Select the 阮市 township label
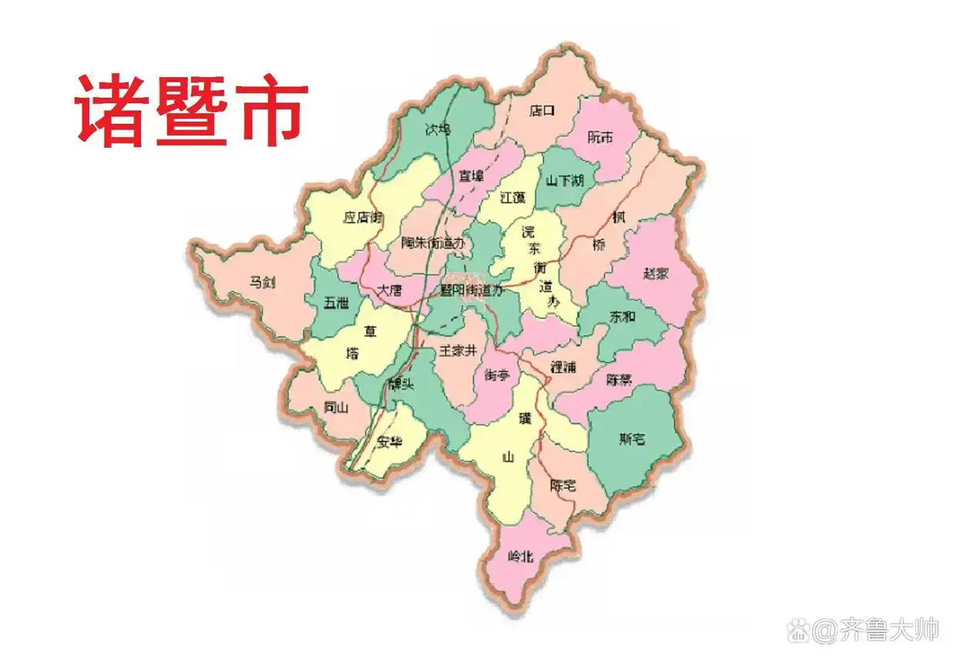click(599, 137)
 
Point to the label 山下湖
click(565, 180)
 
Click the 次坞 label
click(438, 130)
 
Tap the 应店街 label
click(363, 217)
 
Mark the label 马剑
click(262, 282)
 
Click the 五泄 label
click(336, 303)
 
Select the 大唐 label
click(390, 291)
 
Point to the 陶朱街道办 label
click(434, 242)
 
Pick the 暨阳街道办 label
click(471, 291)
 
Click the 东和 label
click(623, 316)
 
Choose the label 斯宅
click(632, 439)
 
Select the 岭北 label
click(522, 555)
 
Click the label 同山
click(337, 409)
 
